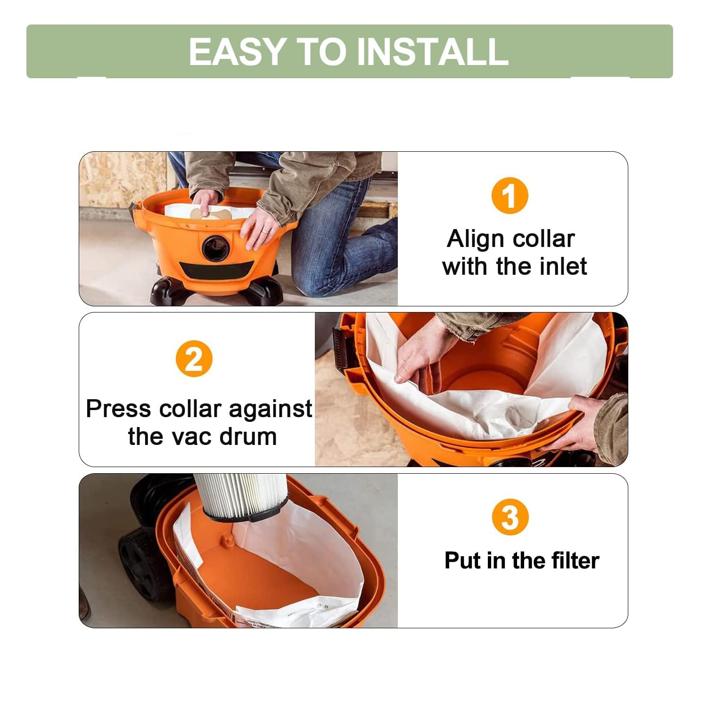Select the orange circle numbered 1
click(x=510, y=196)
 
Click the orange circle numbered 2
click(x=194, y=359)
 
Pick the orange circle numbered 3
click(x=510, y=517)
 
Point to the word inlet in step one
click(x=563, y=267)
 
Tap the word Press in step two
click(x=119, y=409)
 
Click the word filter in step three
click(x=575, y=561)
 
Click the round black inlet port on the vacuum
click(x=216, y=247)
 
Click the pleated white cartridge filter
click(x=240, y=493)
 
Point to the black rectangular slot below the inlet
click(x=217, y=271)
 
